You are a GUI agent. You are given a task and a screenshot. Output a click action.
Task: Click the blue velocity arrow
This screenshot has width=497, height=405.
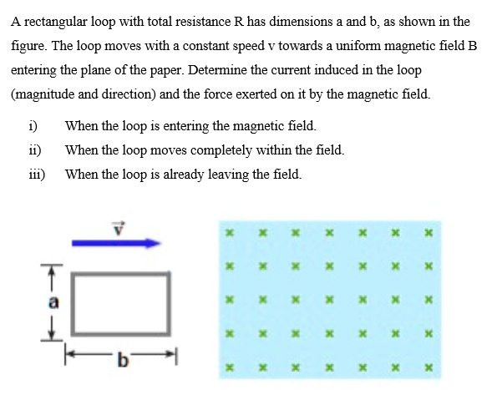115,243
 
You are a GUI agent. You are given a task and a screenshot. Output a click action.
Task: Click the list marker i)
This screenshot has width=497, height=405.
31,127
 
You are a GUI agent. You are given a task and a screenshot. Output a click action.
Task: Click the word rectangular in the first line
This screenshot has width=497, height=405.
56,22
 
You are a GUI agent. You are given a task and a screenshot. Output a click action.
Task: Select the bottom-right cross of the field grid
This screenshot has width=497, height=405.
428,367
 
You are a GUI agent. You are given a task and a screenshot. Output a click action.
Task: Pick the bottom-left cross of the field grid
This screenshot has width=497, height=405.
230,367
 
